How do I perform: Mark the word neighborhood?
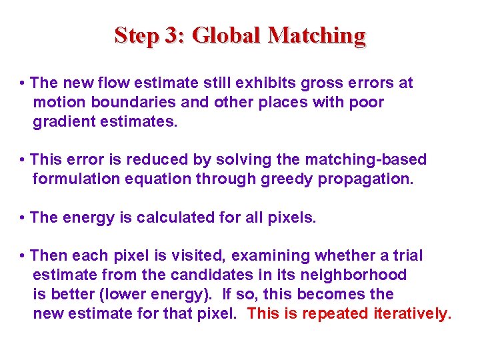(354, 275)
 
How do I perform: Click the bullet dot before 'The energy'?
(23, 218)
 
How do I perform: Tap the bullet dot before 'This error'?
(23, 160)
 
